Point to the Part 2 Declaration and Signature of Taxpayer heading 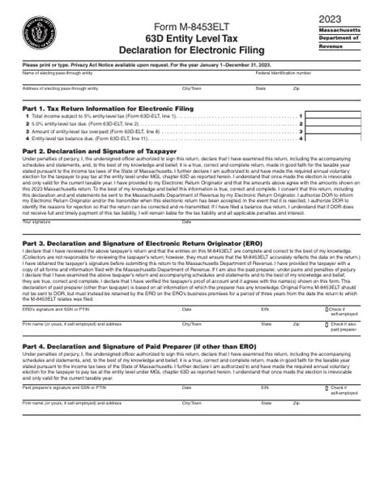(x=105, y=151)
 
